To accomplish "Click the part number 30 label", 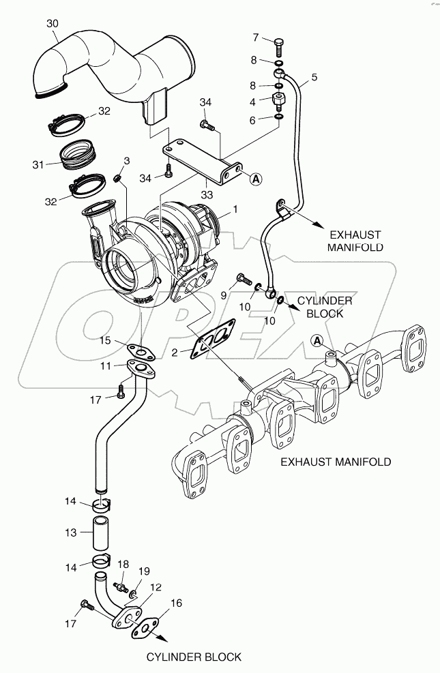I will point(53,24).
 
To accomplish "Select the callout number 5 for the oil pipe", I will point(314,77).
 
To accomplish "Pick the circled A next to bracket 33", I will point(255,179).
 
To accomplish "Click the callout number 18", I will point(123,565).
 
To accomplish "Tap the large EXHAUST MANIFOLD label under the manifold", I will point(336,462).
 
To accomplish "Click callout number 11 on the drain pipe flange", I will point(106,366).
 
